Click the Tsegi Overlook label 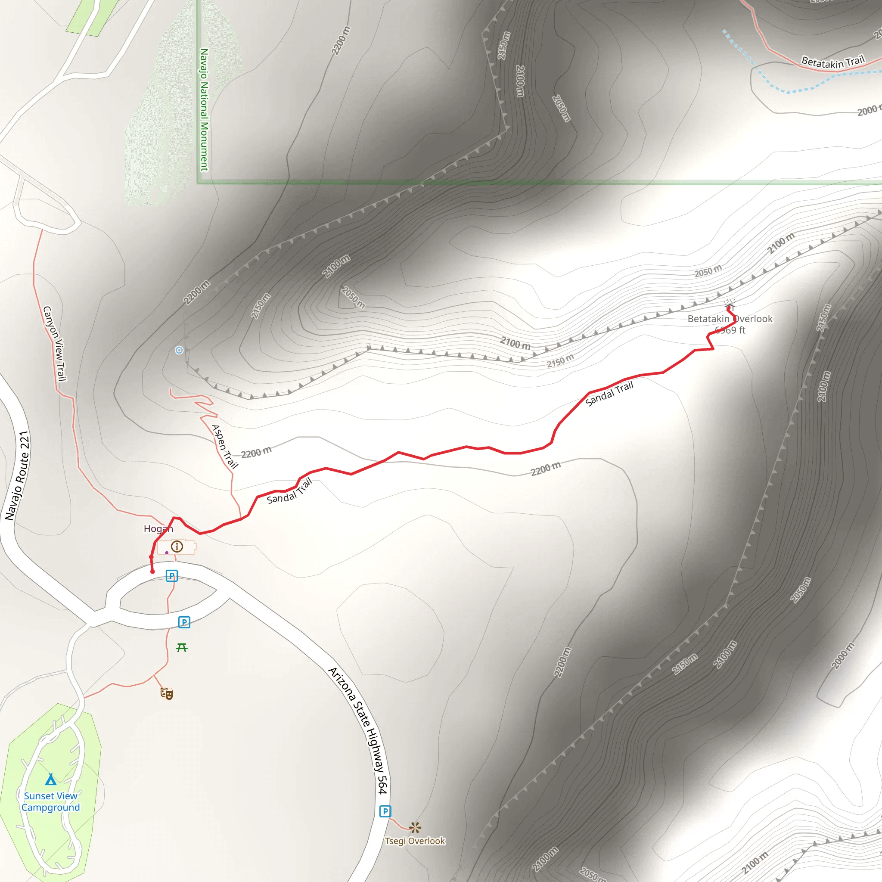415,841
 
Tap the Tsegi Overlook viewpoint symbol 415,827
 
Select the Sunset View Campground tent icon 51,779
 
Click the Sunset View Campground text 51,801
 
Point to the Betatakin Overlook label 730,319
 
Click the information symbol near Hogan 177,547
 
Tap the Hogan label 158,529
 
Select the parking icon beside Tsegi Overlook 385,811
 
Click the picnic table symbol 182,647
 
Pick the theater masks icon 167,693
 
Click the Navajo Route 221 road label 17,476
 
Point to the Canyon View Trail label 55,343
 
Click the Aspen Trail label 225,447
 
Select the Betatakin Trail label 833,62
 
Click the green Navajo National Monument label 205,109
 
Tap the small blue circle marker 179,350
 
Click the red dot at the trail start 152,571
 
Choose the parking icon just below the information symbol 171,576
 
